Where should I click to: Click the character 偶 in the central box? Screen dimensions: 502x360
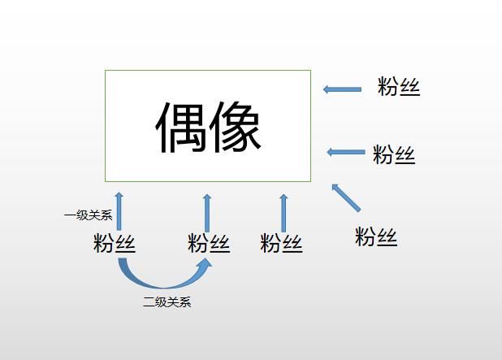[x=180, y=127]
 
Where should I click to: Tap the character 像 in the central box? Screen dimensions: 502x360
[x=235, y=127]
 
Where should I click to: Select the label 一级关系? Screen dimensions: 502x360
[x=89, y=215]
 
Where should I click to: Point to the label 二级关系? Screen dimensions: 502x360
[x=167, y=301]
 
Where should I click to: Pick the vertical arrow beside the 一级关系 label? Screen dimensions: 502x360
[x=119, y=211]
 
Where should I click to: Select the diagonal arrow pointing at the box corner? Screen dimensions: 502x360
[x=346, y=197]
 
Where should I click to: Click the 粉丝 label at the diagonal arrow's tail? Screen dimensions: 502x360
[x=376, y=236]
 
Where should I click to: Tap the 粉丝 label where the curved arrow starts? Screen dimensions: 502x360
[x=115, y=243]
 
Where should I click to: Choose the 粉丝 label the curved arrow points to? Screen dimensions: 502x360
[x=209, y=243]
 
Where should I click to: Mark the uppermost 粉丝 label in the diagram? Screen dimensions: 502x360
[x=399, y=86]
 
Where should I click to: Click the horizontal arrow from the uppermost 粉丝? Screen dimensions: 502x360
[x=342, y=89]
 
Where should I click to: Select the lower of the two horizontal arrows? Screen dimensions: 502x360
[x=346, y=152]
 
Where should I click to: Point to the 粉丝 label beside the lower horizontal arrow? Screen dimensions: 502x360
[x=394, y=154]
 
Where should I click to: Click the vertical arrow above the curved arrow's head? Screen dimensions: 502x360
[x=207, y=213]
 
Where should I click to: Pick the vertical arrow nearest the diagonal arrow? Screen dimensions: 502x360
[x=283, y=213]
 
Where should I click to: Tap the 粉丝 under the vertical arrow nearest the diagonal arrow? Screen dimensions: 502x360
[x=281, y=243]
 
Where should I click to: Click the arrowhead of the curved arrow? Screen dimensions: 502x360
[x=204, y=266]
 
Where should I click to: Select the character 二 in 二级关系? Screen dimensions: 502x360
[x=149, y=302]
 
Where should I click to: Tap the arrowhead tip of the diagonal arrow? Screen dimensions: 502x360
[x=332, y=184]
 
